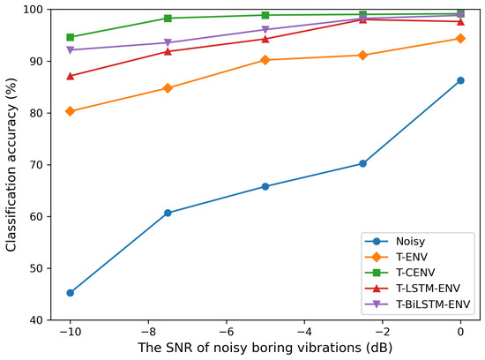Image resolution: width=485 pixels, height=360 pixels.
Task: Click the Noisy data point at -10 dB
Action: [70, 293]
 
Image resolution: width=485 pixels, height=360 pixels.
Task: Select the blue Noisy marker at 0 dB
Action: [460, 80]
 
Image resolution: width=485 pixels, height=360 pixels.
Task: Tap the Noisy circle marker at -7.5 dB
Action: [168, 213]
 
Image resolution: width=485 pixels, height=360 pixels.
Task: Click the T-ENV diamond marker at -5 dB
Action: [265, 60]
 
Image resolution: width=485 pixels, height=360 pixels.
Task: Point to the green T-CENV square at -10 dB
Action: [70, 37]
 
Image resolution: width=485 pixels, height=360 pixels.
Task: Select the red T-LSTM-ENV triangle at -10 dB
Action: [70, 76]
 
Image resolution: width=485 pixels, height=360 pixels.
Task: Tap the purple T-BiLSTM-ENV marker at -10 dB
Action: [70, 50]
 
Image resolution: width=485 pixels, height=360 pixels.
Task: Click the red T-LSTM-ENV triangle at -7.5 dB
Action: [168, 51]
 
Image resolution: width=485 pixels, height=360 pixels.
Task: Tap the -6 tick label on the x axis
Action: [226, 330]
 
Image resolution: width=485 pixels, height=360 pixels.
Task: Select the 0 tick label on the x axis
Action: [460, 330]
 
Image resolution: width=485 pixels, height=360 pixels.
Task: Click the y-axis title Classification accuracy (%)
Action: [11, 164]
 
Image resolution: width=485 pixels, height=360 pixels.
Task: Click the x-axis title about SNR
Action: [265, 348]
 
